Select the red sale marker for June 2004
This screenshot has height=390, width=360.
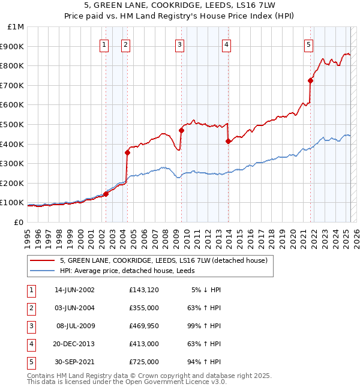pos(127,152)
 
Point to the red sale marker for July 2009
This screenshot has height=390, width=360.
pos(181,130)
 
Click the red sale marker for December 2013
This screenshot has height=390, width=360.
pos(228,141)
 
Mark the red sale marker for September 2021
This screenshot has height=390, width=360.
pos(311,80)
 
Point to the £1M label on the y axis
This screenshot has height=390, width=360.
pos(16,27)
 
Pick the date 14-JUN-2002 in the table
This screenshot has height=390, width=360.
pos(74,290)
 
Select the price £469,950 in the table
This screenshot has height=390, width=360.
pos(144,326)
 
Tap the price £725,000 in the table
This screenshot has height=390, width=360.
pos(144,362)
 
